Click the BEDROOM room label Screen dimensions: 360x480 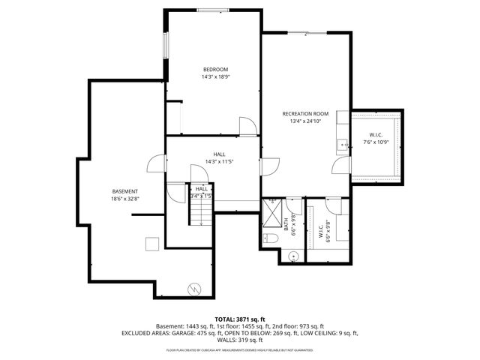click(215, 70)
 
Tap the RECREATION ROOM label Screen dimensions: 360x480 click(305, 113)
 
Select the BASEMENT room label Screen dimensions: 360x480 click(125, 191)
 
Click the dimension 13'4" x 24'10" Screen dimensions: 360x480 click(305, 121)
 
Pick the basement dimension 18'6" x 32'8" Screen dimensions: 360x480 click(125, 199)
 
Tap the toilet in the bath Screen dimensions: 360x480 click(271, 238)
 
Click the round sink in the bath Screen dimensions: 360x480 click(292, 256)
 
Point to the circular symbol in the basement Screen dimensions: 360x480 click(194, 287)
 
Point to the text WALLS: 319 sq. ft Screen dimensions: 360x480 click(240, 339)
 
